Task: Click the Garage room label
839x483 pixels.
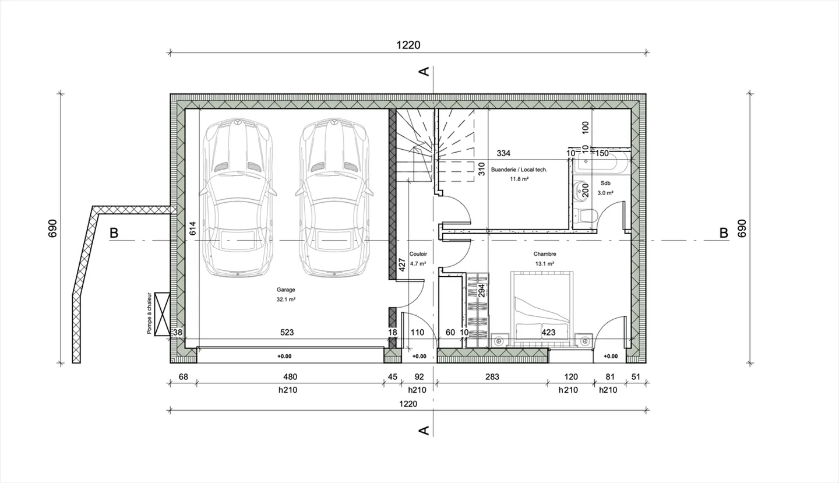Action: click(x=286, y=290)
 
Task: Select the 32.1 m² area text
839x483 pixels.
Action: click(x=286, y=299)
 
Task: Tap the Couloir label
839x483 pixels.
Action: click(x=418, y=254)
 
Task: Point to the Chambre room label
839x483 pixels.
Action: click(x=545, y=254)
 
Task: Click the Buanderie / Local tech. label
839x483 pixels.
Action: click(x=519, y=170)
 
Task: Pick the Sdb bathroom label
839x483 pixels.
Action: click(x=606, y=182)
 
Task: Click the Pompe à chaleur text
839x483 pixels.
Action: click(x=150, y=313)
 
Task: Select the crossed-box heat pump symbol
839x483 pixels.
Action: click(x=162, y=313)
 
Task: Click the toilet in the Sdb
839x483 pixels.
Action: click(x=586, y=216)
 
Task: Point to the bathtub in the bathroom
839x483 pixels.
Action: click(x=601, y=163)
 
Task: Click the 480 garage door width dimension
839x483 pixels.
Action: click(x=289, y=377)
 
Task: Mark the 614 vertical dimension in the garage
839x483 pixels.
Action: click(x=192, y=228)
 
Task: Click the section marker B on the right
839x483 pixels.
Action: click(x=724, y=233)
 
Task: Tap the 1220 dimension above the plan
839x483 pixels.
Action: click(x=408, y=45)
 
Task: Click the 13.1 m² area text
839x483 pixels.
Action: click(x=545, y=263)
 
